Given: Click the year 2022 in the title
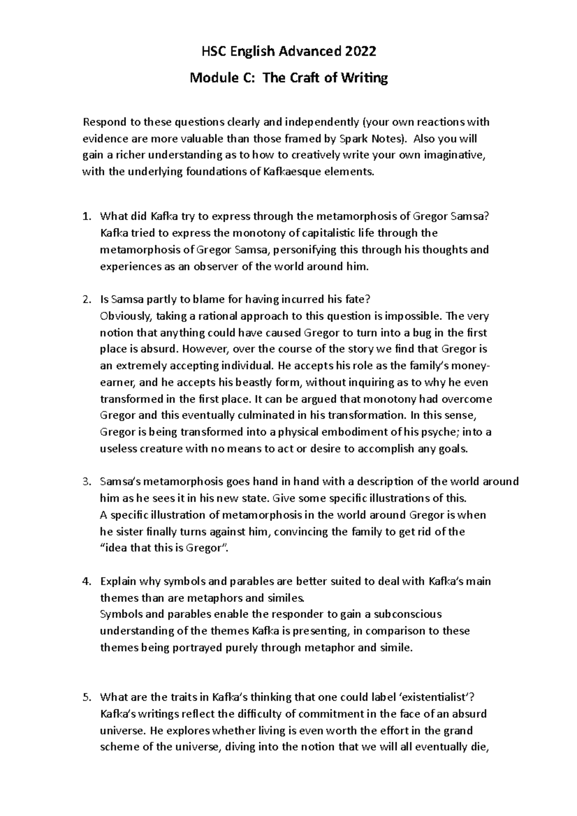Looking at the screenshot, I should pos(360,51).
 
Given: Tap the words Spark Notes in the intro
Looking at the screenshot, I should pos(368,139).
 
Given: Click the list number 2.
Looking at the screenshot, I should pos(86,299).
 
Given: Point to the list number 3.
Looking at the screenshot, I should pos(86,482).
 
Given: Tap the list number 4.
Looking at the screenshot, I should pos(86,581).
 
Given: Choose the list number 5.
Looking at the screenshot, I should pos(86,697).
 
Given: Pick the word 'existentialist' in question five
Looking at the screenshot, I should pos(435,697).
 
